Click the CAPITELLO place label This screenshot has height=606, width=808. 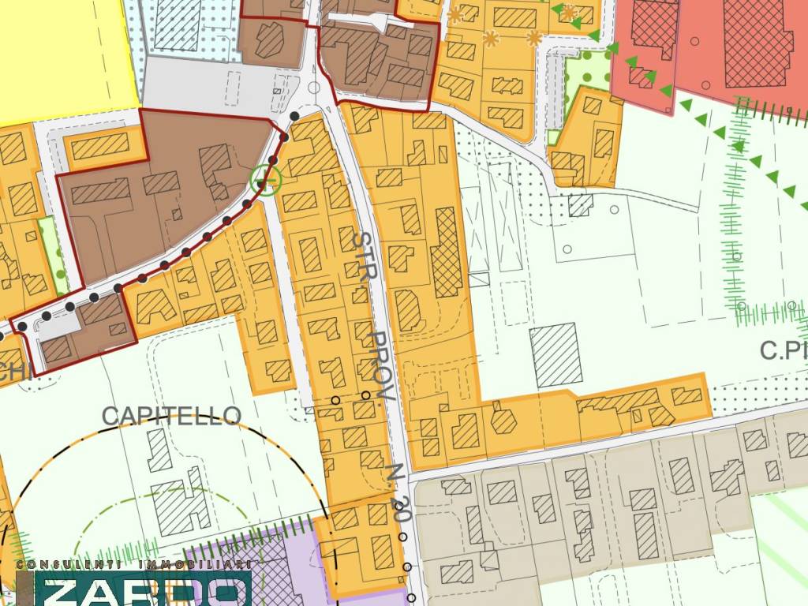(171, 416)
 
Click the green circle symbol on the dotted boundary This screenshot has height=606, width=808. (265, 180)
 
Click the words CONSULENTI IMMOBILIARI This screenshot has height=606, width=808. (134, 565)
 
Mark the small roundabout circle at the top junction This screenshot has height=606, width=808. (314, 88)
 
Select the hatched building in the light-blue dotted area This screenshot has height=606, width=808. (178, 24)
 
